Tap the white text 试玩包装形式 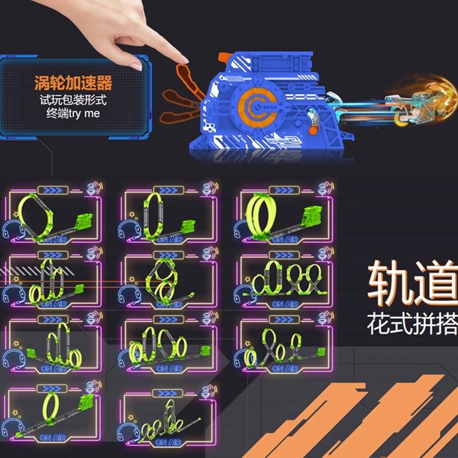[73, 100]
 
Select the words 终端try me [73, 113]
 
